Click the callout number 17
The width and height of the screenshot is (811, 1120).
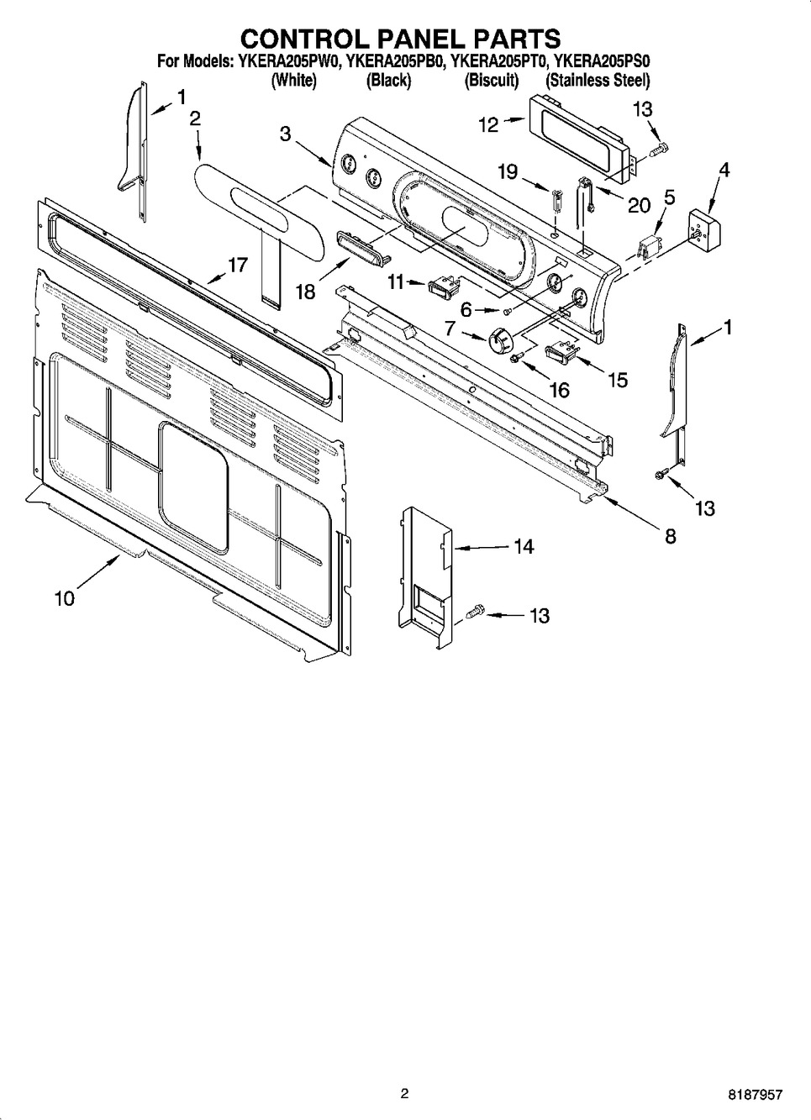click(238, 265)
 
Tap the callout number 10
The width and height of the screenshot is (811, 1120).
click(65, 598)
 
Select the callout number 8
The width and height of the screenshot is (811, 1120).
click(671, 537)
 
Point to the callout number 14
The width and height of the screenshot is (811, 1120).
click(524, 546)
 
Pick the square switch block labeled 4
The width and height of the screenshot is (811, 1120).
click(705, 230)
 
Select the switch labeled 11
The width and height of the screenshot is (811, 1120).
click(444, 287)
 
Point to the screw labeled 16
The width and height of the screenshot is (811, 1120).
click(515, 357)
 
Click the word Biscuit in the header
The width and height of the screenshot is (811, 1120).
click(492, 80)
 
